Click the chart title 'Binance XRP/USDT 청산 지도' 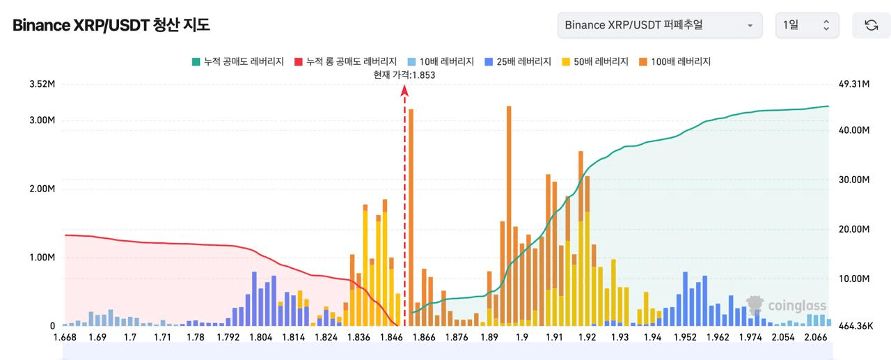(111, 26)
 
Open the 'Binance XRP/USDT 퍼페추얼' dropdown (659, 25)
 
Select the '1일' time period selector (806, 25)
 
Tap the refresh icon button (871, 25)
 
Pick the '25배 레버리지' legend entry (515, 61)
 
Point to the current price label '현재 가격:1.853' (404, 75)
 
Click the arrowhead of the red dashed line (404, 91)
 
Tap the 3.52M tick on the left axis (42, 84)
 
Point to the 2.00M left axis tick (42, 189)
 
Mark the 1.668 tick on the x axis (65, 338)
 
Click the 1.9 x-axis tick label (522, 338)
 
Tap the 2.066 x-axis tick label (816, 338)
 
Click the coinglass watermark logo (787, 306)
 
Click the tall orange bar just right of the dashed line (411, 209)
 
